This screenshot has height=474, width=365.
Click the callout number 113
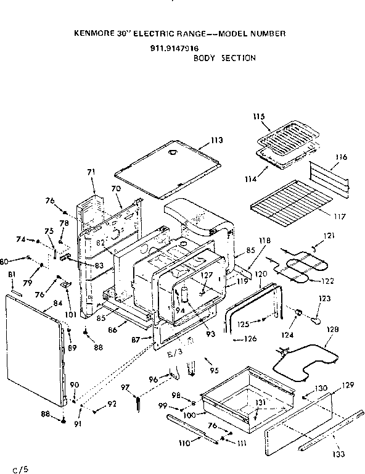tap(215, 140)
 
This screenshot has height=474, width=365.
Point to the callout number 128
tap(332, 330)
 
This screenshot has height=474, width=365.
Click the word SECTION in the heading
tap(242, 58)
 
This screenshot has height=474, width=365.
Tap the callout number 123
tap(324, 298)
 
